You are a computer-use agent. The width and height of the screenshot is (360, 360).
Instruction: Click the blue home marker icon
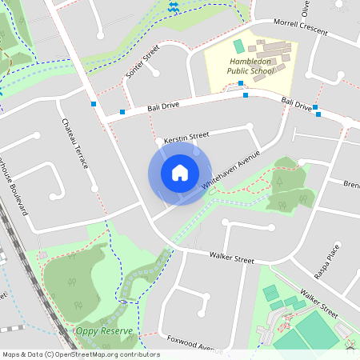[x=179, y=173]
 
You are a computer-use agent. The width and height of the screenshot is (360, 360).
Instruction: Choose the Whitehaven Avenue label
[x=231, y=170]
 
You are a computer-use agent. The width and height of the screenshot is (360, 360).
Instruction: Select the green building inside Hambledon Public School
[x=238, y=46]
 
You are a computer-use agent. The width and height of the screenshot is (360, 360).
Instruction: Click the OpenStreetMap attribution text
[x=80, y=354]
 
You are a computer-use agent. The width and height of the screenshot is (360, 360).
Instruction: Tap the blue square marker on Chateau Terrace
[x=94, y=104]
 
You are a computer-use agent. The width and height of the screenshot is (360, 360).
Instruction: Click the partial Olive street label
[x=305, y=8]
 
